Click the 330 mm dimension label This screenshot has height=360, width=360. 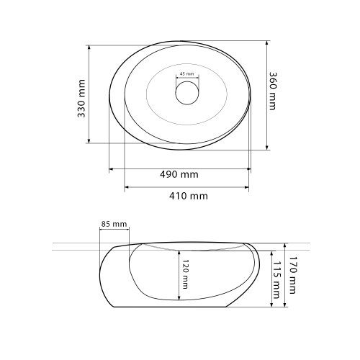(x=81, y=99)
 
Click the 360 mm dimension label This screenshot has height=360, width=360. (x=272, y=91)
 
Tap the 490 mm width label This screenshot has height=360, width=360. (x=179, y=174)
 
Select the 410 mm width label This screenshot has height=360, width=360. (x=189, y=196)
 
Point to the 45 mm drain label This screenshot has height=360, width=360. (x=186, y=74)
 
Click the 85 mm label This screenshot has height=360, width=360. (x=114, y=224)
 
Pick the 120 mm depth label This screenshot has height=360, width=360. (x=185, y=274)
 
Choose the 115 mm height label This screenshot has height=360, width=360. (x=276, y=280)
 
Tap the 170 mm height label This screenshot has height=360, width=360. (x=292, y=275)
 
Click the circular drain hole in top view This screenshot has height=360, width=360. (x=187, y=93)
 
